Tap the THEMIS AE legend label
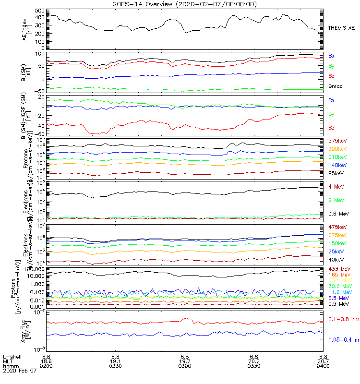tap(342, 28)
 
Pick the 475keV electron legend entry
tap(337, 227)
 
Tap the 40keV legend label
tap(336, 259)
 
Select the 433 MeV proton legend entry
tap(338, 268)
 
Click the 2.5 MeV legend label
tap(338, 304)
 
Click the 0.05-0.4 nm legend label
tap(343, 339)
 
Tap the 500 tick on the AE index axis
tap(40, 10)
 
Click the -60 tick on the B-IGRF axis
tap(39, 134)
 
